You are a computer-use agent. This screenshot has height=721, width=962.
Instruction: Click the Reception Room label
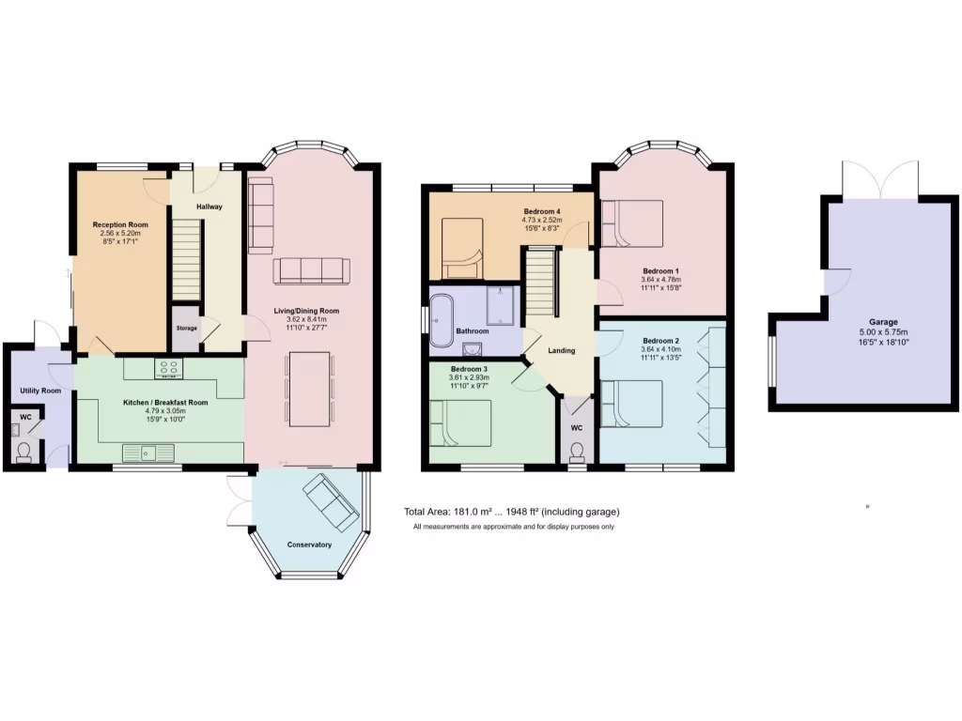(x=120, y=225)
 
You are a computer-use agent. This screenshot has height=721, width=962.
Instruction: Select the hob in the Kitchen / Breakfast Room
(x=169, y=369)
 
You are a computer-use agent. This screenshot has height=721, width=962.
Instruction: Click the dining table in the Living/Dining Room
(x=309, y=387)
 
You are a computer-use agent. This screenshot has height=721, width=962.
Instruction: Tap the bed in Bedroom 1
(x=631, y=223)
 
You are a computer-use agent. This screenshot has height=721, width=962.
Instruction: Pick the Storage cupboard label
(x=186, y=328)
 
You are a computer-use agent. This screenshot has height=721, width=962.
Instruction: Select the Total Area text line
(x=512, y=512)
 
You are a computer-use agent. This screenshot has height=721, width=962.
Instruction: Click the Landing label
(x=562, y=350)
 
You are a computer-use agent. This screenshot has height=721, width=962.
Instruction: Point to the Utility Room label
(x=40, y=391)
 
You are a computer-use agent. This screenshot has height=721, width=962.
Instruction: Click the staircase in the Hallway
(x=186, y=258)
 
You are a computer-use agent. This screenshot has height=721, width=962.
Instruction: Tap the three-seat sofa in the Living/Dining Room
(x=311, y=271)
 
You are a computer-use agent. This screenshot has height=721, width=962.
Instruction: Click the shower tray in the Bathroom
(x=503, y=305)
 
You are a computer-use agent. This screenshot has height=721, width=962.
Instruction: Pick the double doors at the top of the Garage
(x=880, y=179)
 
